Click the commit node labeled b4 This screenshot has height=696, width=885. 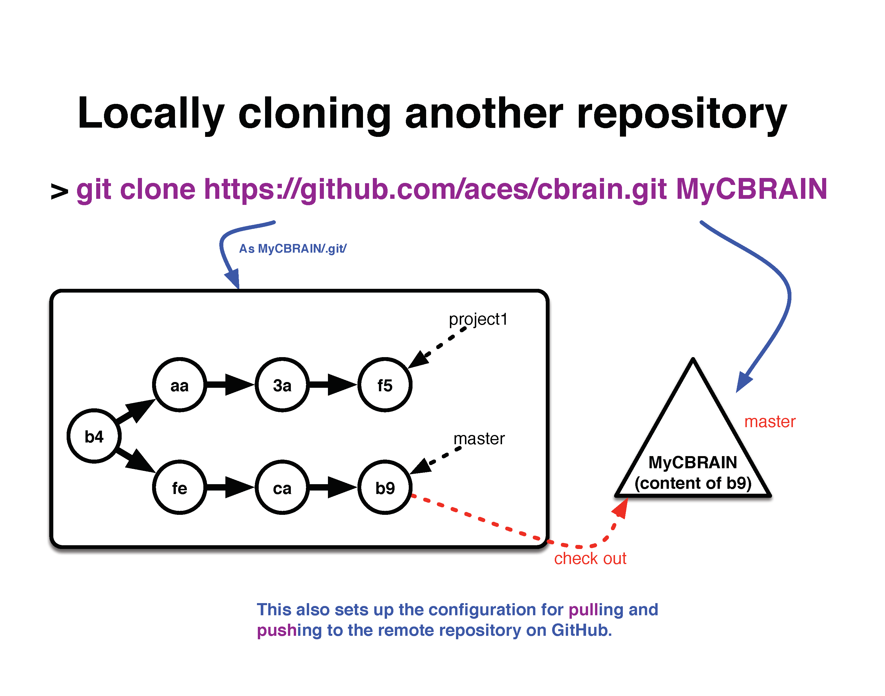pyautogui.click(x=94, y=436)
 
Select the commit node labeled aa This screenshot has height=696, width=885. pyautogui.click(x=179, y=385)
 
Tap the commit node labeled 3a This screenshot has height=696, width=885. pyautogui.click(x=282, y=385)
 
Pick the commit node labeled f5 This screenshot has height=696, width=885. pyautogui.click(x=385, y=385)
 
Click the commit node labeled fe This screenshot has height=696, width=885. pyautogui.click(x=179, y=487)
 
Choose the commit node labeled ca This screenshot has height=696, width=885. pyautogui.click(x=282, y=487)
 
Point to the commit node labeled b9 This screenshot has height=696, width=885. pyautogui.click(x=385, y=487)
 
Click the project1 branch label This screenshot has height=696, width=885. pyautogui.click(x=478, y=320)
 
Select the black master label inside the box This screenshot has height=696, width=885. pyautogui.click(x=479, y=439)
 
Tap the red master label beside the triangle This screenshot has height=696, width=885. pyautogui.click(x=770, y=422)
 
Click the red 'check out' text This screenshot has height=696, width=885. pyautogui.click(x=590, y=558)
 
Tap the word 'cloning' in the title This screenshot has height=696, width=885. pyautogui.click(x=314, y=114)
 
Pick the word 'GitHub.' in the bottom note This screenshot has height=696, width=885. pyautogui.click(x=582, y=630)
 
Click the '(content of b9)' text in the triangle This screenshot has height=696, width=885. pyautogui.click(x=693, y=483)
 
